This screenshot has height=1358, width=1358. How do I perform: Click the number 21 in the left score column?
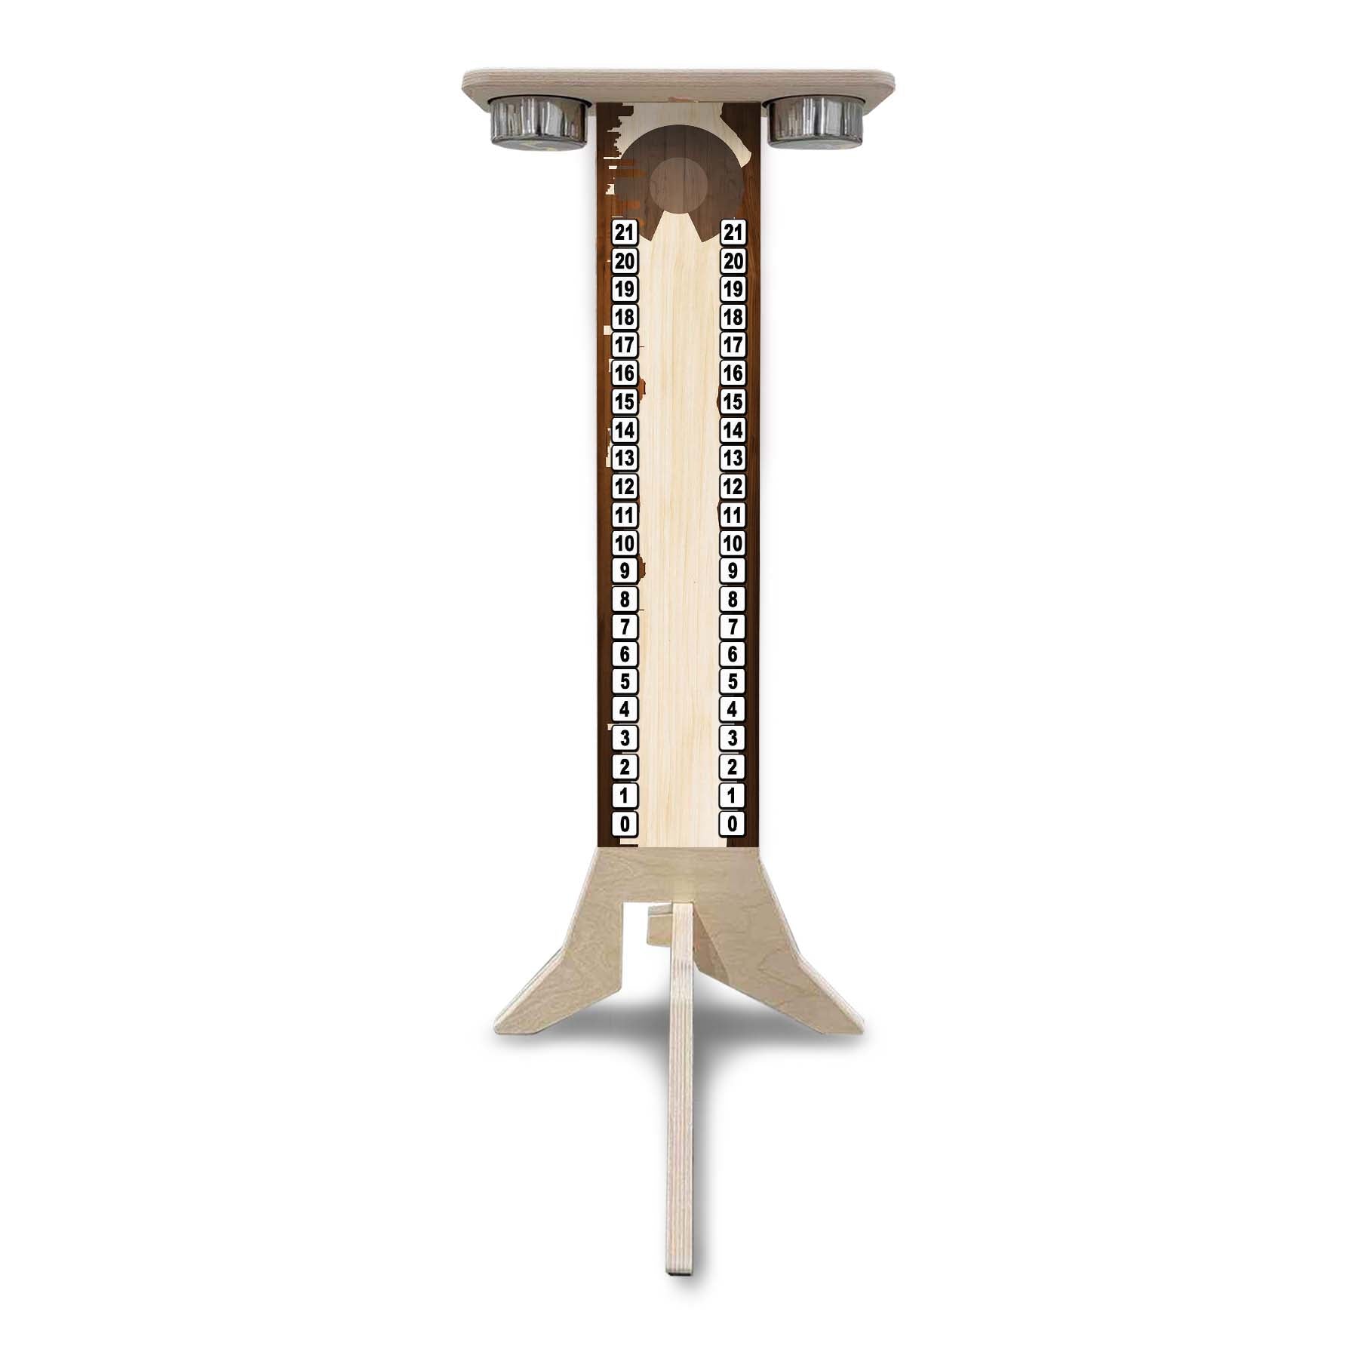[625, 233]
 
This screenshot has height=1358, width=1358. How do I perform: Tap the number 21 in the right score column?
[733, 233]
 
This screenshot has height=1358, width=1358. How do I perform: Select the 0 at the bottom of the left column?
[625, 823]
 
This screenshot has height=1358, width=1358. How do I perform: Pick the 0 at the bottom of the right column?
[733, 823]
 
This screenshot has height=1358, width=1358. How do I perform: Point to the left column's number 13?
[625, 458]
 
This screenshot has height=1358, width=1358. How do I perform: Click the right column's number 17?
[733, 346]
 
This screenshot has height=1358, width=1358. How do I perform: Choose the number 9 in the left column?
[625, 570]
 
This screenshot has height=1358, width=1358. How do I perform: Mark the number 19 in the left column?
[625, 289]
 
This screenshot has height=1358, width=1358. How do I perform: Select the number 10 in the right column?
[733, 542]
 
